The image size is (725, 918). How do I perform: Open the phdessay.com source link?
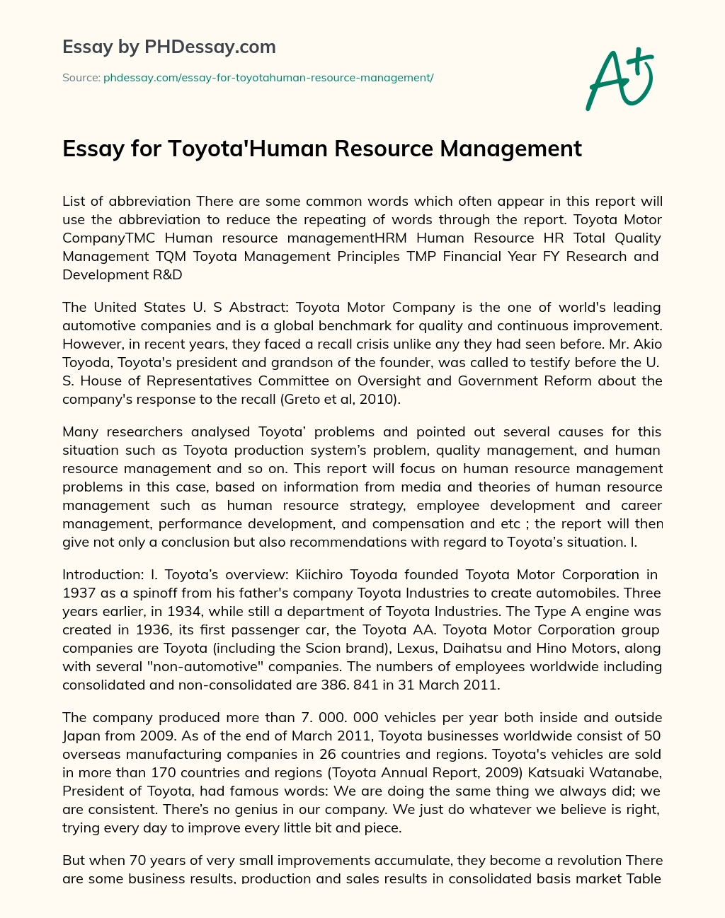tap(268, 78)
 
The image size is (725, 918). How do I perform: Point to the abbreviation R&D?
tap(163, 274)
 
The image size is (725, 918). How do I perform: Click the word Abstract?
tap(258, 307)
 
